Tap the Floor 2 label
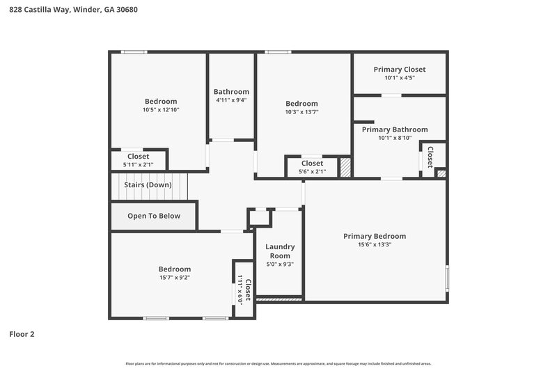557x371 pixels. point(22,334)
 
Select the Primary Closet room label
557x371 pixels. point(399,69)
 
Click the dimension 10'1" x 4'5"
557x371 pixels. point(399,78)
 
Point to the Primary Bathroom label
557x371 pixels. point(394,129)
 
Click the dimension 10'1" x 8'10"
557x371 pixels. point(395,138)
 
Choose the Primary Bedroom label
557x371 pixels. point(374,236)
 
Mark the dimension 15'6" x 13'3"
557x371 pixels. point(374,244)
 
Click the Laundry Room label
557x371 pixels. point(280,251)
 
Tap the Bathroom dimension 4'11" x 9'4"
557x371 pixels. point(231,100)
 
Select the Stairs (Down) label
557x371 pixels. point(148,185)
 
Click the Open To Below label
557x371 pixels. point(153,216)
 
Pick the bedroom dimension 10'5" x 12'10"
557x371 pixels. point(160,110)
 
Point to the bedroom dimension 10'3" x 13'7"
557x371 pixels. point(301,112)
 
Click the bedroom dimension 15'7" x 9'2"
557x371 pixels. point(174,278)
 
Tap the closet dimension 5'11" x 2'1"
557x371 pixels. point(138,165)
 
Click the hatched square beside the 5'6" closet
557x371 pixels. point(345,168)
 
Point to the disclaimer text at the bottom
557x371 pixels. point(278,363)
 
